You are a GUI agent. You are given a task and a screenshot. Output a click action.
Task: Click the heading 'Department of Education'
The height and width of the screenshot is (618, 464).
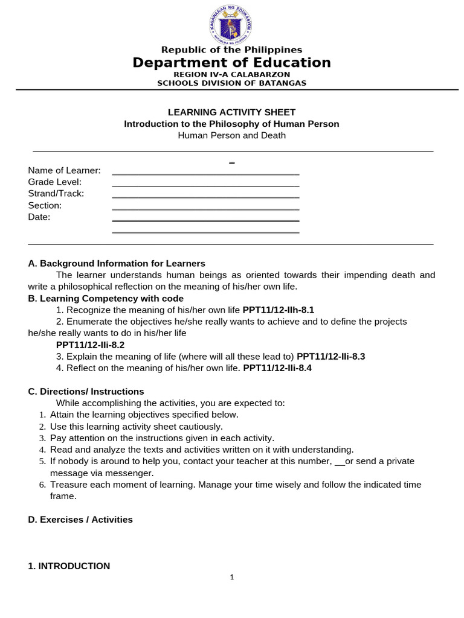(x=231, y=63)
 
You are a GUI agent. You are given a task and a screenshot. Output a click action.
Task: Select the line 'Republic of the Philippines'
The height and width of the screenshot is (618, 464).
(x=231, y=50)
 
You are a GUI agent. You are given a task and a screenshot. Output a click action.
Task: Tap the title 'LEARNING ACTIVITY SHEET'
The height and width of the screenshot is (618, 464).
(x=231, y=112)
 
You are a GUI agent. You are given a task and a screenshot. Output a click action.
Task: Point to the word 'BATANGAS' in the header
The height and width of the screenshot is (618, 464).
(x=282, y=83)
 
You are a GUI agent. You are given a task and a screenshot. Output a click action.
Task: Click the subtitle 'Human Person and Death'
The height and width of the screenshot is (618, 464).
(x=231, y=135)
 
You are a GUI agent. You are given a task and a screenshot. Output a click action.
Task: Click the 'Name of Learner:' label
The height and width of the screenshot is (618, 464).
(x=64, y=171)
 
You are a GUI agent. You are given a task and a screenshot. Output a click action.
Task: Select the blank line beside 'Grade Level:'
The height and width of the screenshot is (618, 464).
(x=205, y=185)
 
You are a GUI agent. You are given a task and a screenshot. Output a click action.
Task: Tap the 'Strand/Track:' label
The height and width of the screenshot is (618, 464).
(x=56, y=194)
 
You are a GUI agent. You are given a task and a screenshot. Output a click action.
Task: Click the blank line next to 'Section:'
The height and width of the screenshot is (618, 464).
(x=205, y=209)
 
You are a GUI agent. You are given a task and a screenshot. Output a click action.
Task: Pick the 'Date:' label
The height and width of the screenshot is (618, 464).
(x=39, y=217)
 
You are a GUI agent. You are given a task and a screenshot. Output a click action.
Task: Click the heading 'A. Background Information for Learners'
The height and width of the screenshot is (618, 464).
(x=117, y=264)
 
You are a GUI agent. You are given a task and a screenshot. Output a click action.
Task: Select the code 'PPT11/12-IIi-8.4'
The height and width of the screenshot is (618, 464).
(x=277, y=368)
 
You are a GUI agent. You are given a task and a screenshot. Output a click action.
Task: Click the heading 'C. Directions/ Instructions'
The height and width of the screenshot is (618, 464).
(x=86, y=392)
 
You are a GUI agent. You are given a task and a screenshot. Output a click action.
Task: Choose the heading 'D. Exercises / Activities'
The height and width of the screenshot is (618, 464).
(x=80, y=520)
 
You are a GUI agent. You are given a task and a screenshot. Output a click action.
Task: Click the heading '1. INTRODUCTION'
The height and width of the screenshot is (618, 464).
(x=69, y=566)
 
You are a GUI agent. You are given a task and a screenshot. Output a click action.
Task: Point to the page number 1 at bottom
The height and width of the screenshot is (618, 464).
(x=232, y=578)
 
